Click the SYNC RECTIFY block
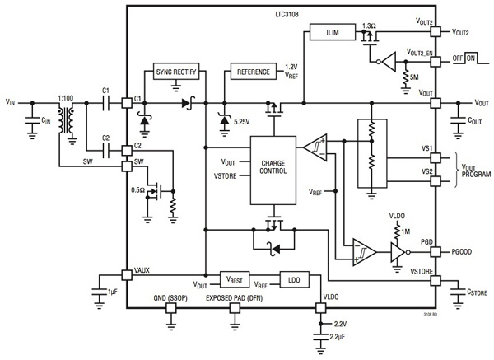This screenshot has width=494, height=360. pos(178,72)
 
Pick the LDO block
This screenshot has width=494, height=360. pos(295,278)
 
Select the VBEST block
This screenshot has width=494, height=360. pos(234,278)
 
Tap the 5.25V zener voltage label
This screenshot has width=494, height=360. pos(242,122)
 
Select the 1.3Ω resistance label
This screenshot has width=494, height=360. pos(370,27)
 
